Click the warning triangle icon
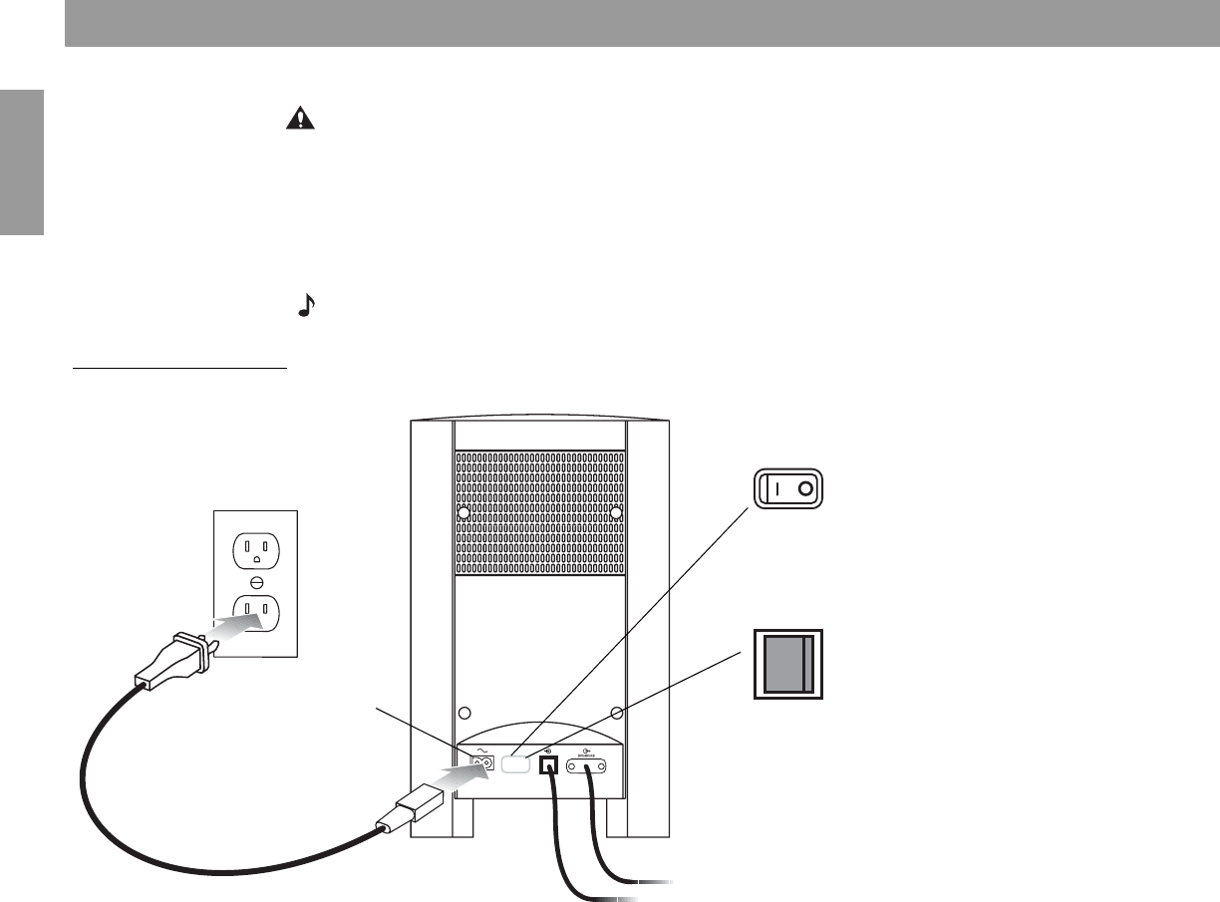(x=298, y=120)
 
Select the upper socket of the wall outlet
(x=256, y=549)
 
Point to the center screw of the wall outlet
(x=256, y=579)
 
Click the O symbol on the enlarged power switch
(x=805, y=489)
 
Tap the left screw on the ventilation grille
(x=463, y=512)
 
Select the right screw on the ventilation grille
(x=616, y=512)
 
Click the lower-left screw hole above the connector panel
(x=463, y=714)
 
